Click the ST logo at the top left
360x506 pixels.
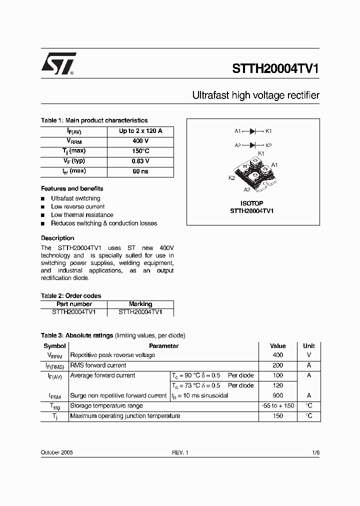[x=58, y=64]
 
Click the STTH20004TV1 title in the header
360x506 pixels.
[x=275, y=69]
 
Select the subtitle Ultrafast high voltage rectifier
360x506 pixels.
[x=255, y=95]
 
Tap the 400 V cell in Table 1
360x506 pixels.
[x=140, y=141]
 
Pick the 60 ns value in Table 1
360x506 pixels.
[x=140, y=171]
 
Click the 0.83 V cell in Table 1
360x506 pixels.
[x=140, y=161]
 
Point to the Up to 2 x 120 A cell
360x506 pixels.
[x=140, y=131]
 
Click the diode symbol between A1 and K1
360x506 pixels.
[x=253, y=131]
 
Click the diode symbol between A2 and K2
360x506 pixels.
[x=253, y=145]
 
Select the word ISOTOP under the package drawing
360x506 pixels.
[x=251, y=203]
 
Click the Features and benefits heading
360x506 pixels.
[x=72, y=188]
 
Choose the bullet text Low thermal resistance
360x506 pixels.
[x=82, y=215]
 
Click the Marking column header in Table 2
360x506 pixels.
[x=140, y=304]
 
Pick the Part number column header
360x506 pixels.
[x=74, y=304]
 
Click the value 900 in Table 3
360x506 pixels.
[x=278, y=395]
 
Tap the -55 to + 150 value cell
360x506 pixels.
[x=278, y=405]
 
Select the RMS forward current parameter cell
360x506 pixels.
[x=98, y=365]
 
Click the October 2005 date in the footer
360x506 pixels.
[x=56, y=452]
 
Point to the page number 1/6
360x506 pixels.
[x=315, y=452]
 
